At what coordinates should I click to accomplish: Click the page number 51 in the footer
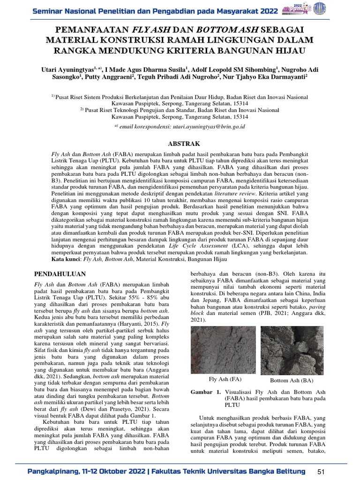[321, 471]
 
